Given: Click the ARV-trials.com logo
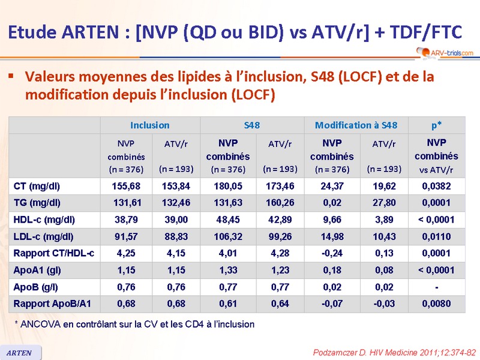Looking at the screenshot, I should coord(445,52).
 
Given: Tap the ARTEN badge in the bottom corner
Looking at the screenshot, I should coord(20,353).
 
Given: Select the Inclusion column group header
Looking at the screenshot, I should coord(149,125).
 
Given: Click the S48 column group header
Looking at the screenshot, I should coord(252,125).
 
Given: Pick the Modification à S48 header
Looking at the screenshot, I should coord(356,125).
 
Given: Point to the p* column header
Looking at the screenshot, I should coord(436,125).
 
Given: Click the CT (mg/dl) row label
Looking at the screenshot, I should coord(37,186).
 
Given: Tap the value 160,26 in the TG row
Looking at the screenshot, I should coord(280,203).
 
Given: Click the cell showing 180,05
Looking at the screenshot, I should coord(228,186).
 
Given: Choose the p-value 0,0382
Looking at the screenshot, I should coord(436,186).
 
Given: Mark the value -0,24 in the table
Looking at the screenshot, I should coord(332,253).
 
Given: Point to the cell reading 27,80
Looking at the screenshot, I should coord(385,203).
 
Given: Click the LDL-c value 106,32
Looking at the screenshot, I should coord(228,236).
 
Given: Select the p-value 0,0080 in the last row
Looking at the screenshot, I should coord(436,304).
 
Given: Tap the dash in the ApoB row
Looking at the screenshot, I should coord(436,287).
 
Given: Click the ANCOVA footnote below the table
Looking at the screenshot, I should coord(134,324).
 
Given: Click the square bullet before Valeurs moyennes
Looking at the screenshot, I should coord(11,77).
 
